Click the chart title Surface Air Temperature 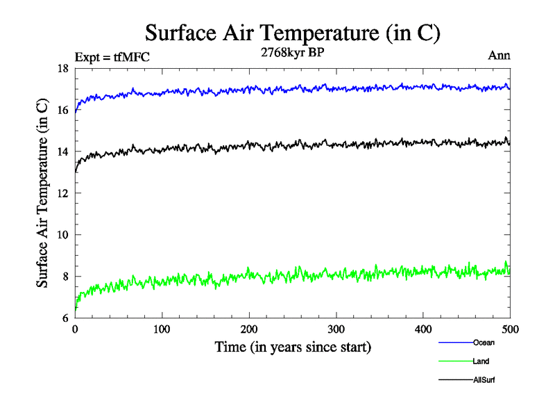(292, 33)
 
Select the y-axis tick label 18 (62, 68)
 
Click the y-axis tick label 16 (62, 110)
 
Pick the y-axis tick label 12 (62, 193)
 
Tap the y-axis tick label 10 (62, 235)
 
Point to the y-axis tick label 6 (65, 318)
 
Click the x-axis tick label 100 (162, 329)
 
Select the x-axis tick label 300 (336, 329)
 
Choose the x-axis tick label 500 (510, 329)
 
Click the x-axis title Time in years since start (292, 346)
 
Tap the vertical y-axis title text (42, 193)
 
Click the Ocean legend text (484, 343)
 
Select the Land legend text (481, 361)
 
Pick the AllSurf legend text (484, 380)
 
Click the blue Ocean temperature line (277, 88)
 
